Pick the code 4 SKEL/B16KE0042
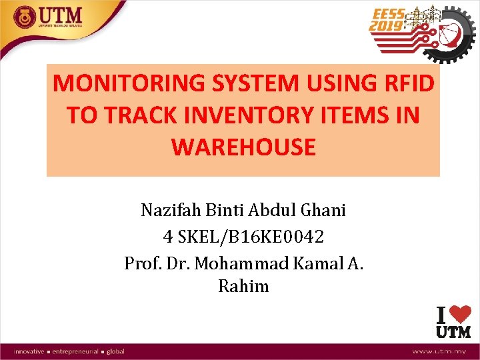click(243, 236)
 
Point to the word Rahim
click(243, 287)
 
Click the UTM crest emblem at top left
click(25, 16)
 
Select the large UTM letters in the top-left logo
click(60, 13)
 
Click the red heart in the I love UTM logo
click(459, 315)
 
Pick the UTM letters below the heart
click(453, 331)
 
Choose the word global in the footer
click(115, 351)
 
